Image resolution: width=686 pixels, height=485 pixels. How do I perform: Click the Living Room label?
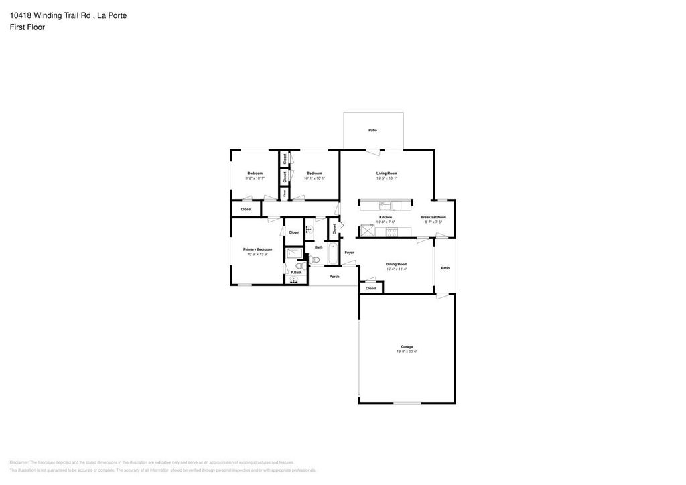coord(387,174)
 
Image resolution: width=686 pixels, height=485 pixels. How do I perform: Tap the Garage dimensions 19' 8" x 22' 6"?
coord(407,352)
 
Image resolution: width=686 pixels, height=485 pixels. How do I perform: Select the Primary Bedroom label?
coord(257,249)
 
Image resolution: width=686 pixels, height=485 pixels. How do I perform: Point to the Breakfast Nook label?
coord(433,217)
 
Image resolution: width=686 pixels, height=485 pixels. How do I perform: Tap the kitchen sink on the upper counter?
coord(385,205)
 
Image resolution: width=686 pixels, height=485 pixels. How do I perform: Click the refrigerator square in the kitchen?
coord(367,231)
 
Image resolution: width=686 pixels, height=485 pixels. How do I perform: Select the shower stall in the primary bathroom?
coord(294,253)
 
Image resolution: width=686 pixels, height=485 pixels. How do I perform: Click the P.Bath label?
coord(295,272)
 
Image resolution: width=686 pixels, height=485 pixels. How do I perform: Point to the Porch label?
coord(334,277)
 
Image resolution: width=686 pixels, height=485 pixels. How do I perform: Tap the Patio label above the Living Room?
coord(372,130)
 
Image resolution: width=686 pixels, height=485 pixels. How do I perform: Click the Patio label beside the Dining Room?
coord(445,268)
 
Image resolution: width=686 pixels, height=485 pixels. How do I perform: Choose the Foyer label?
coord(349,253)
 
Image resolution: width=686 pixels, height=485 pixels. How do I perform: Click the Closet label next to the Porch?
coord(371,288)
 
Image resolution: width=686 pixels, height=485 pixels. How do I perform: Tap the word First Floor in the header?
coord(27,27)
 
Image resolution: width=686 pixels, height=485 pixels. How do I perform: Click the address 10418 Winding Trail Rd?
coord(51,15)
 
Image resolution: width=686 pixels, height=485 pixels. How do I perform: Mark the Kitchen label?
coord(385,217)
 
